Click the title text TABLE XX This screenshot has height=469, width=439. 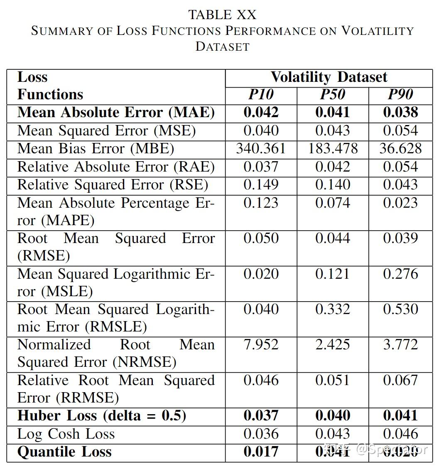[x=222, y=15]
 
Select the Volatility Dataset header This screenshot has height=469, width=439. [x=329, y=77]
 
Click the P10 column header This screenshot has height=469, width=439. [x=261, y=95]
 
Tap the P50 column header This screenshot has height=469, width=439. [x=332, y=95]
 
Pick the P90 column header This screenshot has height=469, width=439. [x=400, y=95]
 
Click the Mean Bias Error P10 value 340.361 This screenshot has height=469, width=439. [x=261, y=149]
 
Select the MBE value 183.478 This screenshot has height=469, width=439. [x=332, y=149]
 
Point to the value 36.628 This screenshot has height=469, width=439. [x=400, y=149]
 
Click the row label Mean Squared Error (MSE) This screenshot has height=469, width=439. [x=106, y=131]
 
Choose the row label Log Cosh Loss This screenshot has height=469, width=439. [x=66, y=434]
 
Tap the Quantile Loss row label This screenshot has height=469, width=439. [x=64, y=452]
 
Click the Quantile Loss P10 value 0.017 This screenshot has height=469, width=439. [x=261, y=452]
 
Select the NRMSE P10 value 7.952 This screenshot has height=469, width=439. [x=261, y=345]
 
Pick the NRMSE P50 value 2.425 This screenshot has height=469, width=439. [x=332, y=345]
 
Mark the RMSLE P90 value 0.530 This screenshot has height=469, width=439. [x=400, y=309]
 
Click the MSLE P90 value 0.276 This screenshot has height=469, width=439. [x=400, y=274]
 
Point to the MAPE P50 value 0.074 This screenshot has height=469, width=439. [x=332, y=203]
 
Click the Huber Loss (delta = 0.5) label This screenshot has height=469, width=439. [x=102, y=416]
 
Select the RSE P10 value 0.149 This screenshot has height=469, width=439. [x=261, y=185]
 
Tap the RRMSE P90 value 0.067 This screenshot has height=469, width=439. [x=400, y=381]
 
